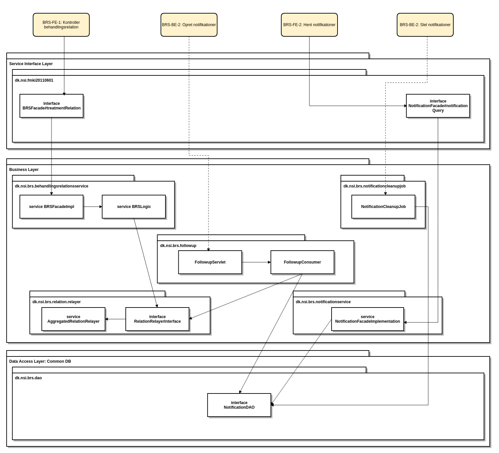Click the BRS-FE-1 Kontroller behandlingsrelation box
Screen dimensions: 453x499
tap(61, 25)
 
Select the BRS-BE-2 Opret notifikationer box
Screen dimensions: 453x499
tap(189, 25)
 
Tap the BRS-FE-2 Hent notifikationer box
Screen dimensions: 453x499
tap(309, 25)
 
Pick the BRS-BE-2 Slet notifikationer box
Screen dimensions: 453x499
tap(425, 25)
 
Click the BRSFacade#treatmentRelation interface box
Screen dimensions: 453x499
tap(52, 106)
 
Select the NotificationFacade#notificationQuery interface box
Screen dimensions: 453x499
tap(438, 106)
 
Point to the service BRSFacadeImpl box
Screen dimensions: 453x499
tap(52, 207)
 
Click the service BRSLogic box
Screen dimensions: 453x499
tap(134, 207)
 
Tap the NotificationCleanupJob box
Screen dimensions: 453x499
tap(383, 207)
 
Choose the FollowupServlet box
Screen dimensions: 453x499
tap(210, 262)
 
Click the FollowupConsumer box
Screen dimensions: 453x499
tap(302, 262)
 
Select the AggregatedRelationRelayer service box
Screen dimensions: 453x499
tap(73, 319)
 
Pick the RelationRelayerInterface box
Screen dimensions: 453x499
tap(158, 319)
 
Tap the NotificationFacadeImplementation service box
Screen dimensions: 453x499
tap(368, 319)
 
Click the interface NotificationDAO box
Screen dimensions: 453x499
tap(239, 405)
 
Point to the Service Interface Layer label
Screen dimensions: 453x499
tap(31, 64)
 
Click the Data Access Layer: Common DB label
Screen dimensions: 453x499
tap(40, 361)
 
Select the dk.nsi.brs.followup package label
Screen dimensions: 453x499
tap(178, 246)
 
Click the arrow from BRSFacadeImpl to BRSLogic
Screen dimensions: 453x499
tap(93, 207)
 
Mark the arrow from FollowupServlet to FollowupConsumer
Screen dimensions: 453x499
tap(256, 262)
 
